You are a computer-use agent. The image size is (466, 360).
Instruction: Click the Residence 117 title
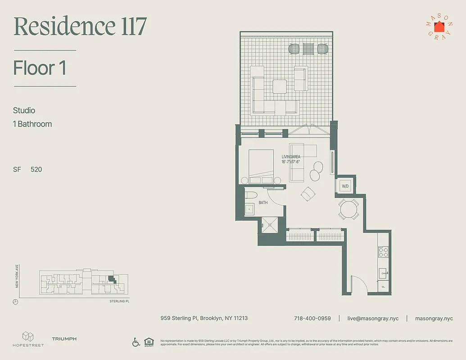coord(80,27)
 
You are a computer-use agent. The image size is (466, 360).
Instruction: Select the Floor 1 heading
coord(40,68)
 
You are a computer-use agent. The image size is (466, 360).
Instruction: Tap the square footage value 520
coord(36,170)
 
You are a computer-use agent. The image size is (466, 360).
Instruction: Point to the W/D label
coord(345,186)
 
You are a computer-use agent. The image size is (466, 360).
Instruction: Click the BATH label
coord(263,203)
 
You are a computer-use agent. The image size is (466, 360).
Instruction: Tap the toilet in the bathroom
coord(251,195)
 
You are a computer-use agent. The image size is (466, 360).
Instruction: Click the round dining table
coord(348,209)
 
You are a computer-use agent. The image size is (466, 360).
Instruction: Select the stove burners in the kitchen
coord(383,252)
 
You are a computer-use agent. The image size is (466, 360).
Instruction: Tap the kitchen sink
coord(383,271)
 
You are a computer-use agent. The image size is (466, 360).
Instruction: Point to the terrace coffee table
coord(279,86)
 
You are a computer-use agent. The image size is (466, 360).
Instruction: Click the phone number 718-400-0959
coord(312,318)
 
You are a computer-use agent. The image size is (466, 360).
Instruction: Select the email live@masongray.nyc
coord(372,318)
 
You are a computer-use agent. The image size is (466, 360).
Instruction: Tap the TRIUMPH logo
coord(64,339)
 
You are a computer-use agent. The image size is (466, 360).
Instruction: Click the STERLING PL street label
coord(119,301)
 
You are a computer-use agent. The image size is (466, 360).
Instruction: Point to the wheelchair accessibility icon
coord(136,342)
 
